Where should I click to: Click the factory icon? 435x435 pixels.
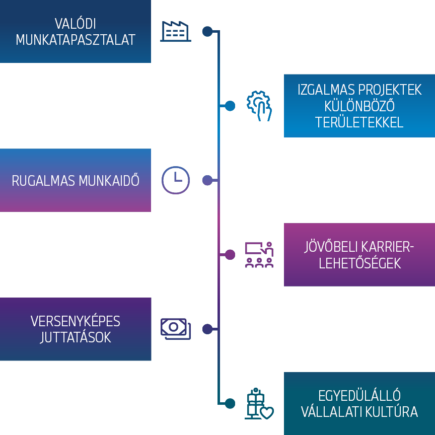click(176, 31)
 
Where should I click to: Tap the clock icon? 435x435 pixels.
click(176, 180)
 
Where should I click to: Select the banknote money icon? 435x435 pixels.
click(176, 328)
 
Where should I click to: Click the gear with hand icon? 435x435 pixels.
click(259, 106)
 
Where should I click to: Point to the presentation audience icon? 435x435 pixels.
click(259, 255)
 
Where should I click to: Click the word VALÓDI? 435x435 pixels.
click(76, 24)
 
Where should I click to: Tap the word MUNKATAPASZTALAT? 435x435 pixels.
click(76, 40)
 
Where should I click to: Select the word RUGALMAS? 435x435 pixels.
click(42, 181)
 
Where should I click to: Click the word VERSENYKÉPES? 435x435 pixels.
click(76, 321)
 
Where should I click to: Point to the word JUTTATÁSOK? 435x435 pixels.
click(76, 337)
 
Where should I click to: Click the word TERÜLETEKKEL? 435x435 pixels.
click(359, 122)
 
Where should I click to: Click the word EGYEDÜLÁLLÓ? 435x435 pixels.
click(359, 396)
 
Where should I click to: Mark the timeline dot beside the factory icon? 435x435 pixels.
click(207, 31)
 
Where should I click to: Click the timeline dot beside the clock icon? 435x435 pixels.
click(207, 180)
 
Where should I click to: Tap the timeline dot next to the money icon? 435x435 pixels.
click(207, 329)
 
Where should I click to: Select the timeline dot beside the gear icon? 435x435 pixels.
click(230, 106)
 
